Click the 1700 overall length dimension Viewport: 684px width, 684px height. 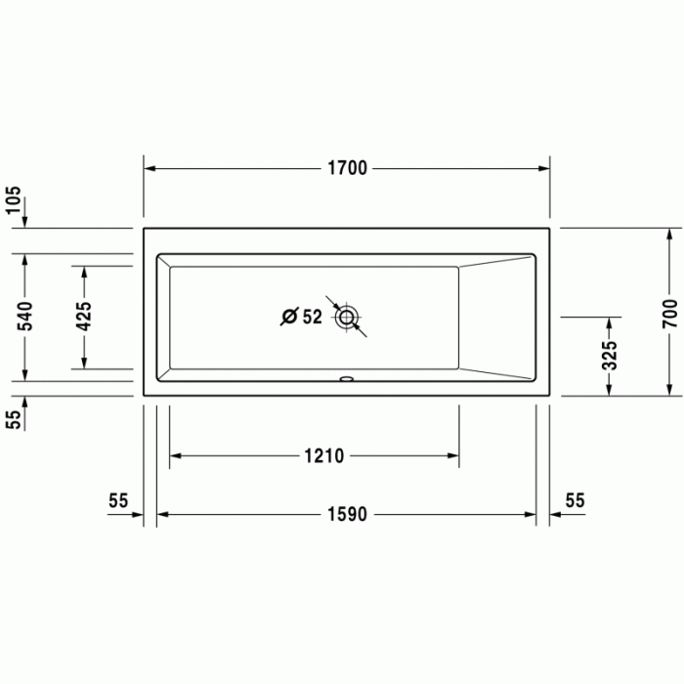tap(347, 168)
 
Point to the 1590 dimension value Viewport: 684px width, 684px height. tap(347, 514)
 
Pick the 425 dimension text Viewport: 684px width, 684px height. tap(84, 317)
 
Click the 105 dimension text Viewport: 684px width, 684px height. tap(13, 200)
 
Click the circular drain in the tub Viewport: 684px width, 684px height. tap(347, 317)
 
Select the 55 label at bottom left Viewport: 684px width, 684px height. tap(118, 501)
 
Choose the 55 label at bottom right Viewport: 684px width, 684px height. tap(575, 501)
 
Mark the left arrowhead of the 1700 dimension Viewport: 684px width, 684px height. tap(150, 168)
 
